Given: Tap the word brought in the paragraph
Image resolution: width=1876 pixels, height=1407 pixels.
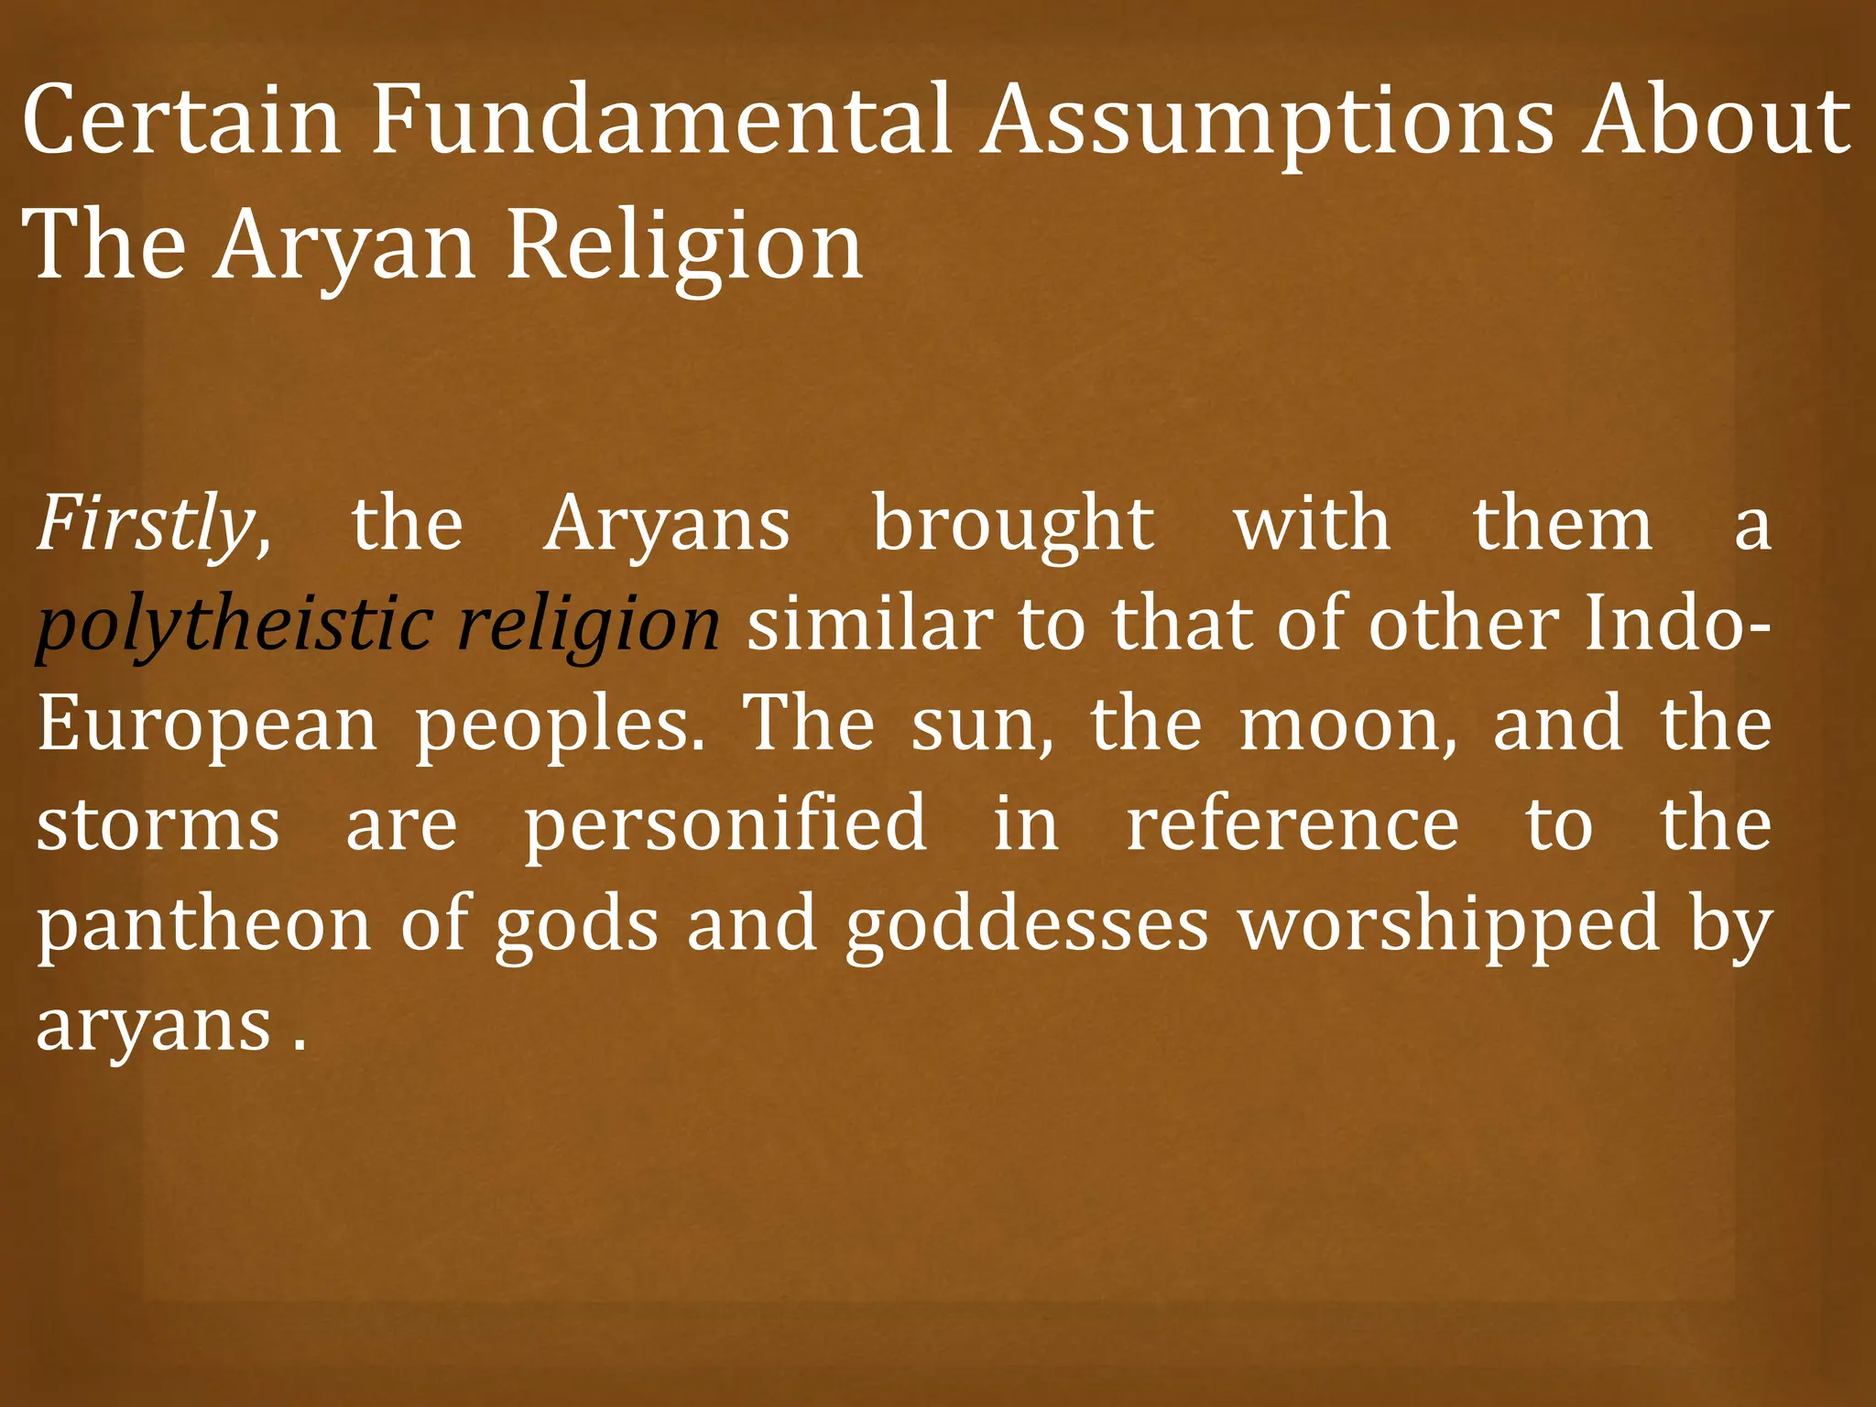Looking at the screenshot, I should coord(1013,525).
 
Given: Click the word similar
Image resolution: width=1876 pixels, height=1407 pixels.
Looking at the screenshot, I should coord(869,625).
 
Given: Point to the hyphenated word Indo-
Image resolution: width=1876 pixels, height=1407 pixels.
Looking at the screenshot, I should coord(1676,625).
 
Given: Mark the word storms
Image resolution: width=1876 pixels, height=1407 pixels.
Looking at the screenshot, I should coord(158,824).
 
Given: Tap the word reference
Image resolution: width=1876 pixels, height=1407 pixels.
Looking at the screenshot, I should coord(1292,824).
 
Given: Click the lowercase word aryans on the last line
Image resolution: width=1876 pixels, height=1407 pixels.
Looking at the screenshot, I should coord(154,1026).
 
